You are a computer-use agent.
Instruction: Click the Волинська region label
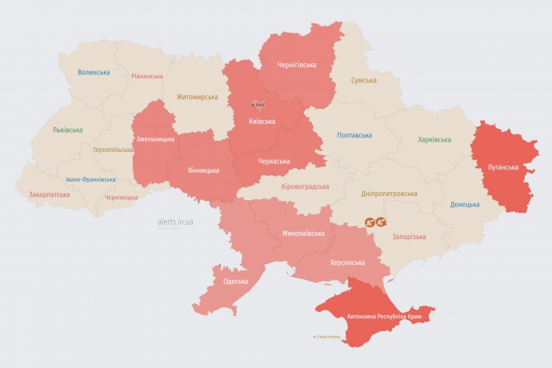94,72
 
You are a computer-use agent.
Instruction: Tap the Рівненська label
147,77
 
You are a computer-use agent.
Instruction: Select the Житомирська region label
197,97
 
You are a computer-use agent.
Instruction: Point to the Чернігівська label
297,65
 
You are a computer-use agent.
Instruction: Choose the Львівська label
66,129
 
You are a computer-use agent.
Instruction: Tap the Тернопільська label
113,150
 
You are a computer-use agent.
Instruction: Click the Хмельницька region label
155,138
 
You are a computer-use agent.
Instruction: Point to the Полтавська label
354,135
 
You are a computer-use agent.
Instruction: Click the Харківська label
434,140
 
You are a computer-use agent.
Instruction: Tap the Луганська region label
503,167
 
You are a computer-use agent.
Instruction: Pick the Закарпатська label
49,194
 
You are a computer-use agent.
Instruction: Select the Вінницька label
202,170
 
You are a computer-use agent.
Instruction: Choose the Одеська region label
236,282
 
